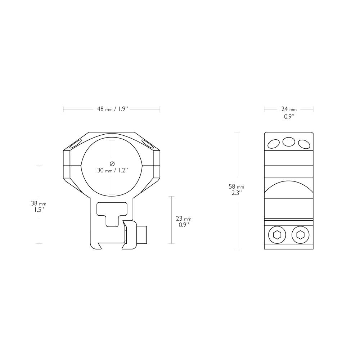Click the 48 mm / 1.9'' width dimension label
[112, 109]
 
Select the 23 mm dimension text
[183, 219]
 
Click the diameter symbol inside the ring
[112, 164]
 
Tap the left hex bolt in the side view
[277, 235]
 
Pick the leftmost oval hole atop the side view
[273, 144]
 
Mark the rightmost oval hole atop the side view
[304, 144]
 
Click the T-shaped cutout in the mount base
[112, 213]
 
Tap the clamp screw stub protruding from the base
[143, 234]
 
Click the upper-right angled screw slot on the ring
[147, 144]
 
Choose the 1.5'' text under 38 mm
[36, 210]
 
